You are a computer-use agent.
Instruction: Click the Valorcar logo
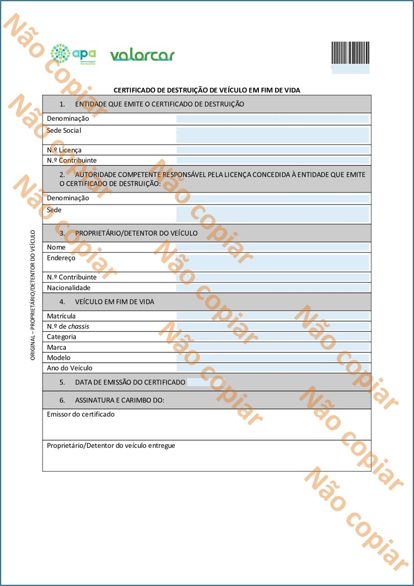[x=142, y=55]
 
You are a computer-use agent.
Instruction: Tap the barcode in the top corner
[x=350, y=52]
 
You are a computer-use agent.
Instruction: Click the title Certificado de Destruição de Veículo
[x=206, y=90]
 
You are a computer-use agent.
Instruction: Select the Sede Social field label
[x=64, y=130]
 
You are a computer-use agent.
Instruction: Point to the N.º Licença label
[x=64, y=150]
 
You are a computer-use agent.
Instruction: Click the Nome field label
[x=56, y=247]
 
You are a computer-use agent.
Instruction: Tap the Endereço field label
[x=61, y=257]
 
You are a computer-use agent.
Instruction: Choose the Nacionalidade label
[x=68, y=288]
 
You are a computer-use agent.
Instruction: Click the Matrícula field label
[x=61, y=316]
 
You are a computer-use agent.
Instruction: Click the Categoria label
[x=61, y=337]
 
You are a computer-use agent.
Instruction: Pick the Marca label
[x=57, y=347]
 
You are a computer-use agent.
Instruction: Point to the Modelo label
[x=59, y=358]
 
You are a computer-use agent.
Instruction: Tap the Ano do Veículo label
[x=70, y=368]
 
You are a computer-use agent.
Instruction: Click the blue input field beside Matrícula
[x=272, y=316]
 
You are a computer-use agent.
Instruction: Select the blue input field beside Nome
[x=272, y=247]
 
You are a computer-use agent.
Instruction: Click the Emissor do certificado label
[x=80, y=414]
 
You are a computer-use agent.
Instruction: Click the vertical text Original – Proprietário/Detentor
[x=32, y=295]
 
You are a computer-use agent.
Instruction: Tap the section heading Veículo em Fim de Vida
[x=114, y=302]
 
